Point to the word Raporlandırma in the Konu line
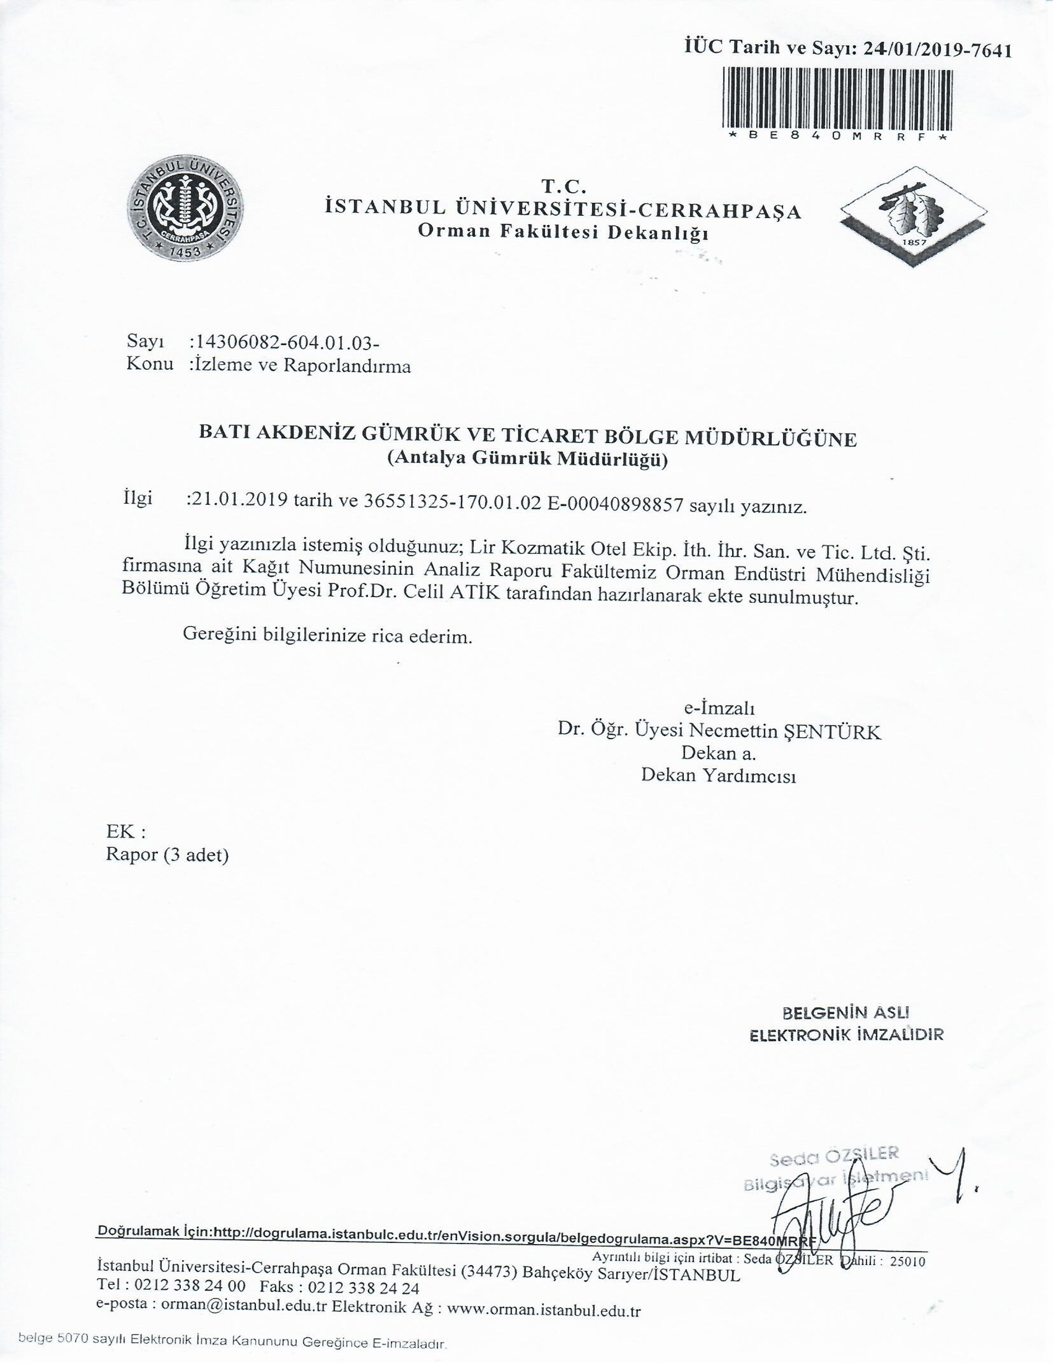click(347, 365)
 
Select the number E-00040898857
click(615, 503)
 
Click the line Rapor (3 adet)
click(167, 854)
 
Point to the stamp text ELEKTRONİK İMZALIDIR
click(846, 1035)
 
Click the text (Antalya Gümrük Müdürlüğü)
click(527, 459)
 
